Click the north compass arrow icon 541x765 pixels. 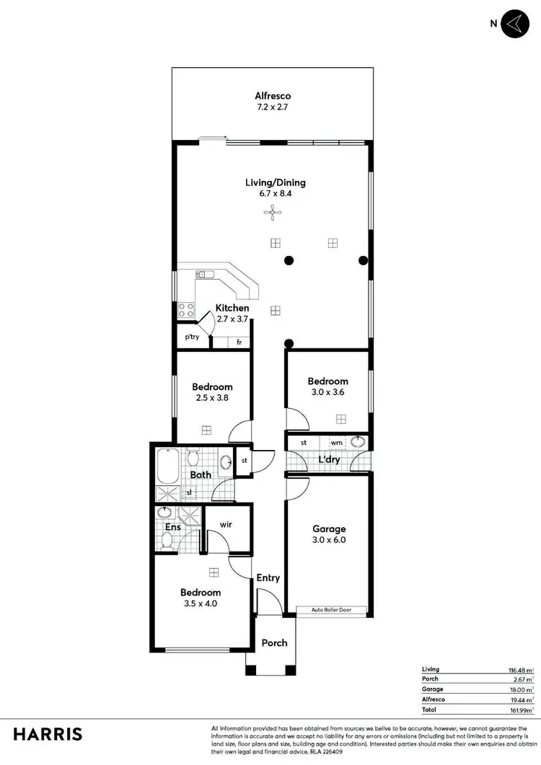(514, 24)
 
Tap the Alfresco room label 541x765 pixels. (272, 95)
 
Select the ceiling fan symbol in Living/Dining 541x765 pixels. (272, 211)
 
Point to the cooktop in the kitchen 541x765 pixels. (186, 309)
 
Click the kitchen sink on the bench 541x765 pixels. (202, 274)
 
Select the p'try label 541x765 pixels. (191, 337)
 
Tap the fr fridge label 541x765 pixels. (239, 342)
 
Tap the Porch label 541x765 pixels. (274, 642)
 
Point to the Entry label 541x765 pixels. (268, 578)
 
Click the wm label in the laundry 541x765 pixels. (336, 443)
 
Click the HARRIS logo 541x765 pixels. (47, 734)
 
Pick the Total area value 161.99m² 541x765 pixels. (520, 710)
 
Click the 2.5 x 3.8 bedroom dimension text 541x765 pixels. (212, 397)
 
